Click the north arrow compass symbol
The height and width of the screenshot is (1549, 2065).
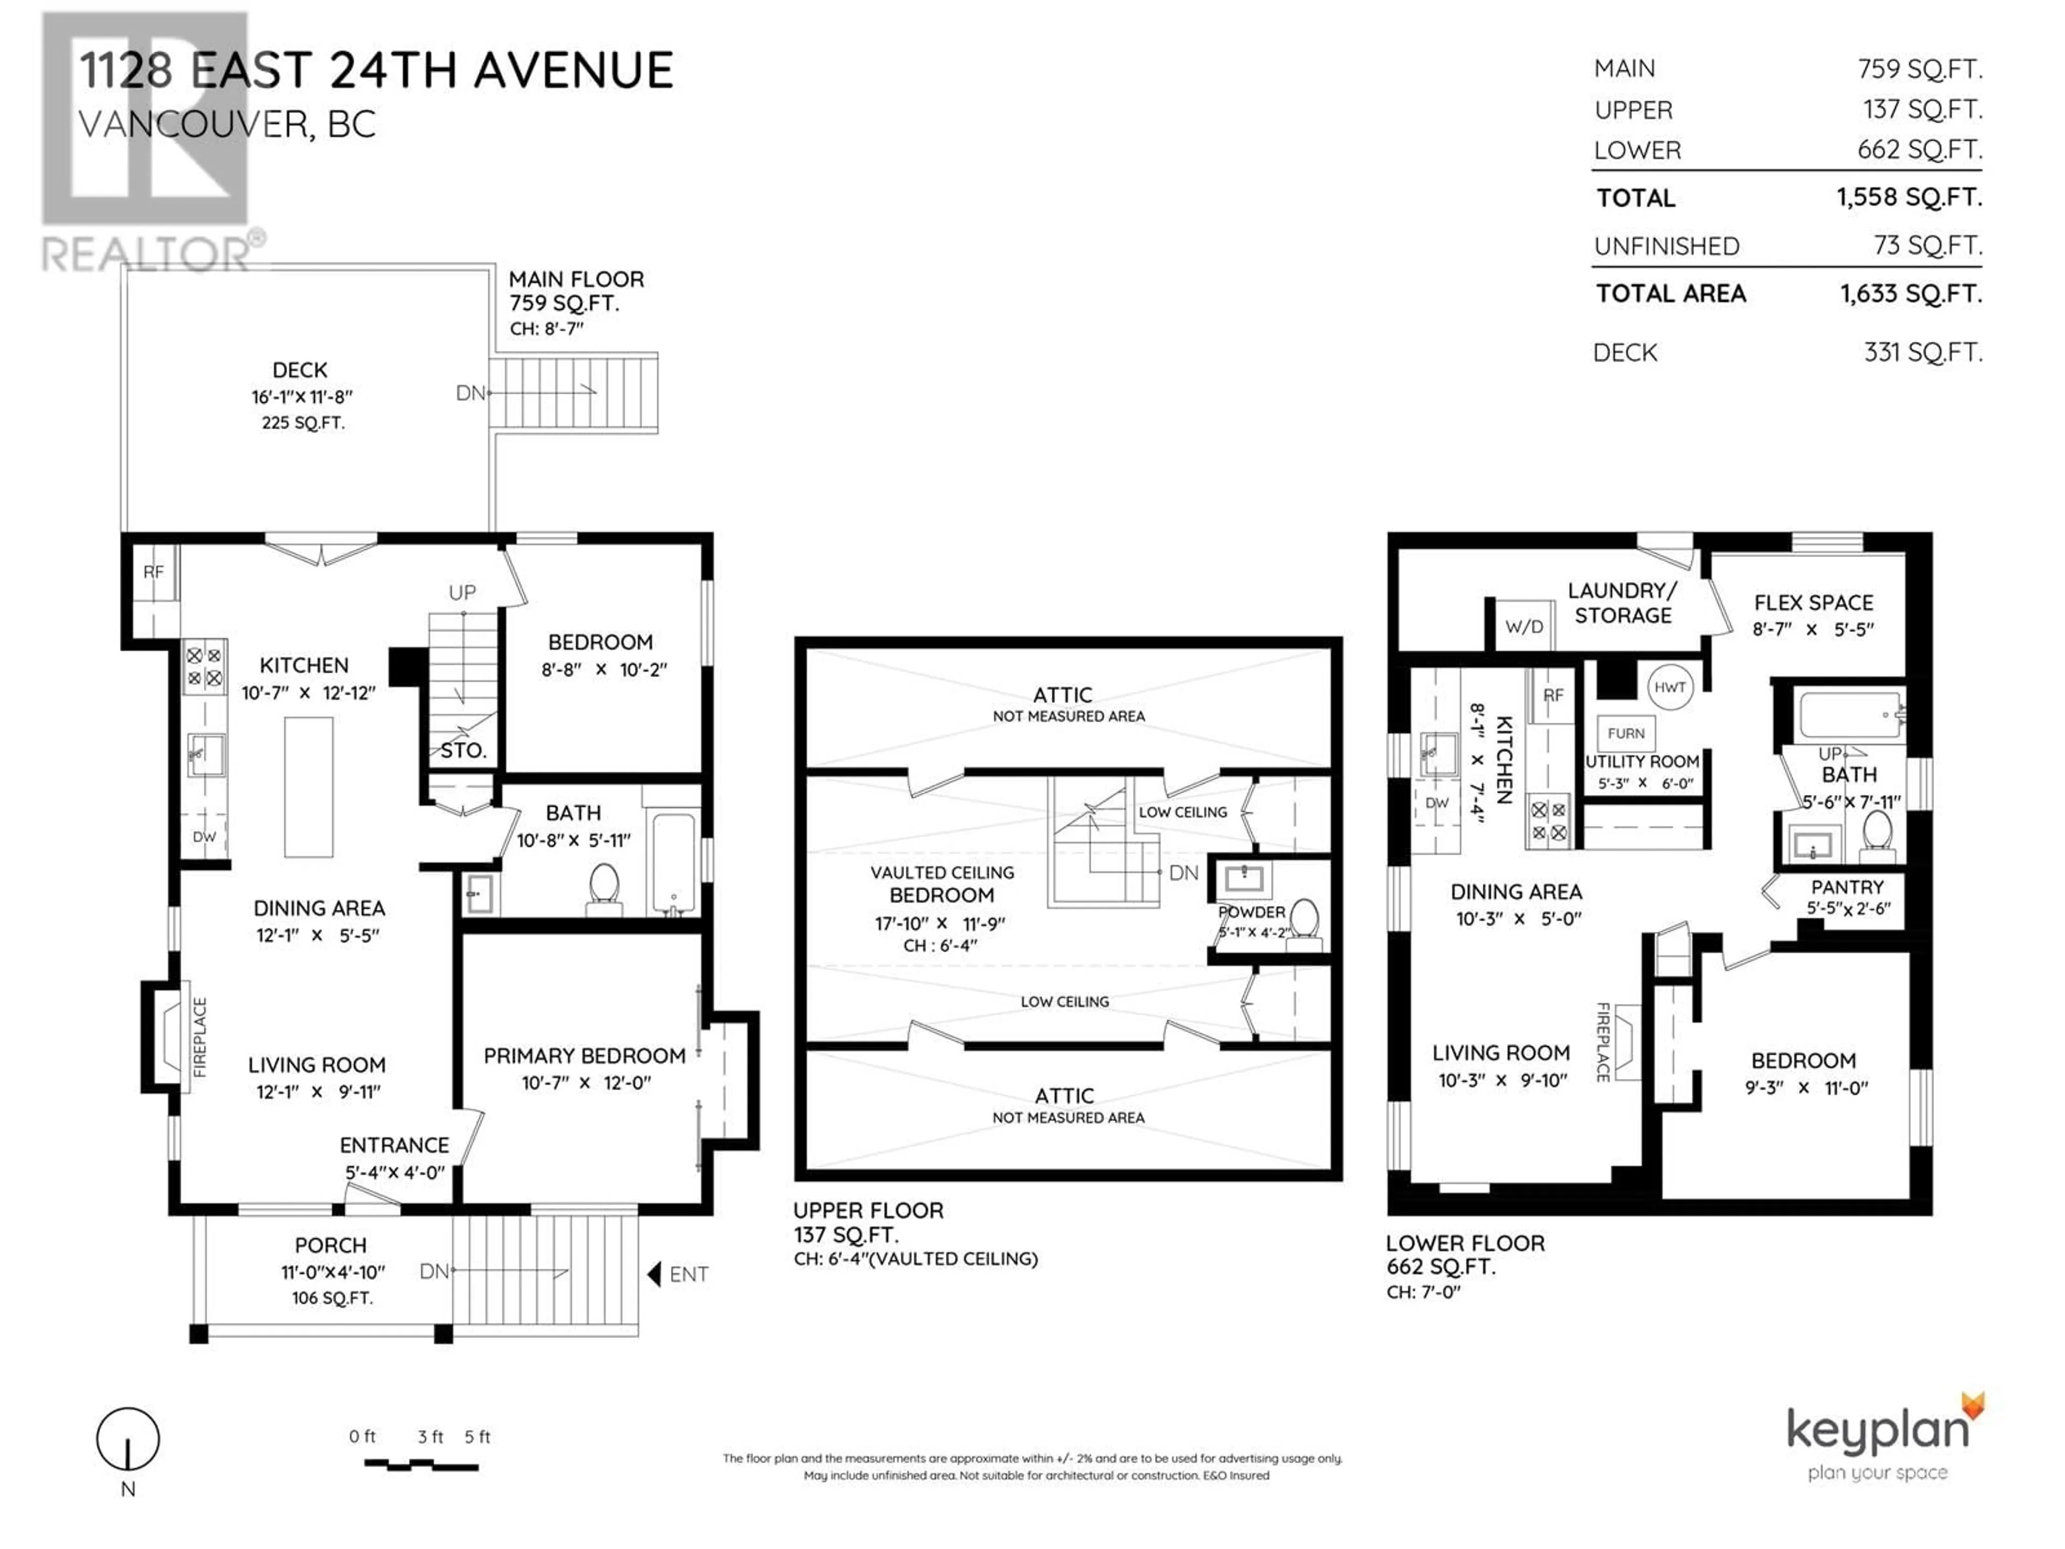128,1439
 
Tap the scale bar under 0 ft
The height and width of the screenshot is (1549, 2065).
421,1466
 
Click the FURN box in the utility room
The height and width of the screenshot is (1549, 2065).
1626,733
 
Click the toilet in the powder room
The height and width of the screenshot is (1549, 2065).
1303,925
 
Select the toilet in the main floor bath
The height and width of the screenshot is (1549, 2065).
605,885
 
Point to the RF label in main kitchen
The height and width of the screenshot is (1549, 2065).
153,571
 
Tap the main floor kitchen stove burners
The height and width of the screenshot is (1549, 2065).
203,666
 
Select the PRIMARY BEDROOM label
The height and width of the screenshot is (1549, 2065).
585,1056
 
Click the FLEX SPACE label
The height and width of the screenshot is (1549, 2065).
1813,603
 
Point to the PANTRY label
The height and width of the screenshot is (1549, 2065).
1848,887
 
